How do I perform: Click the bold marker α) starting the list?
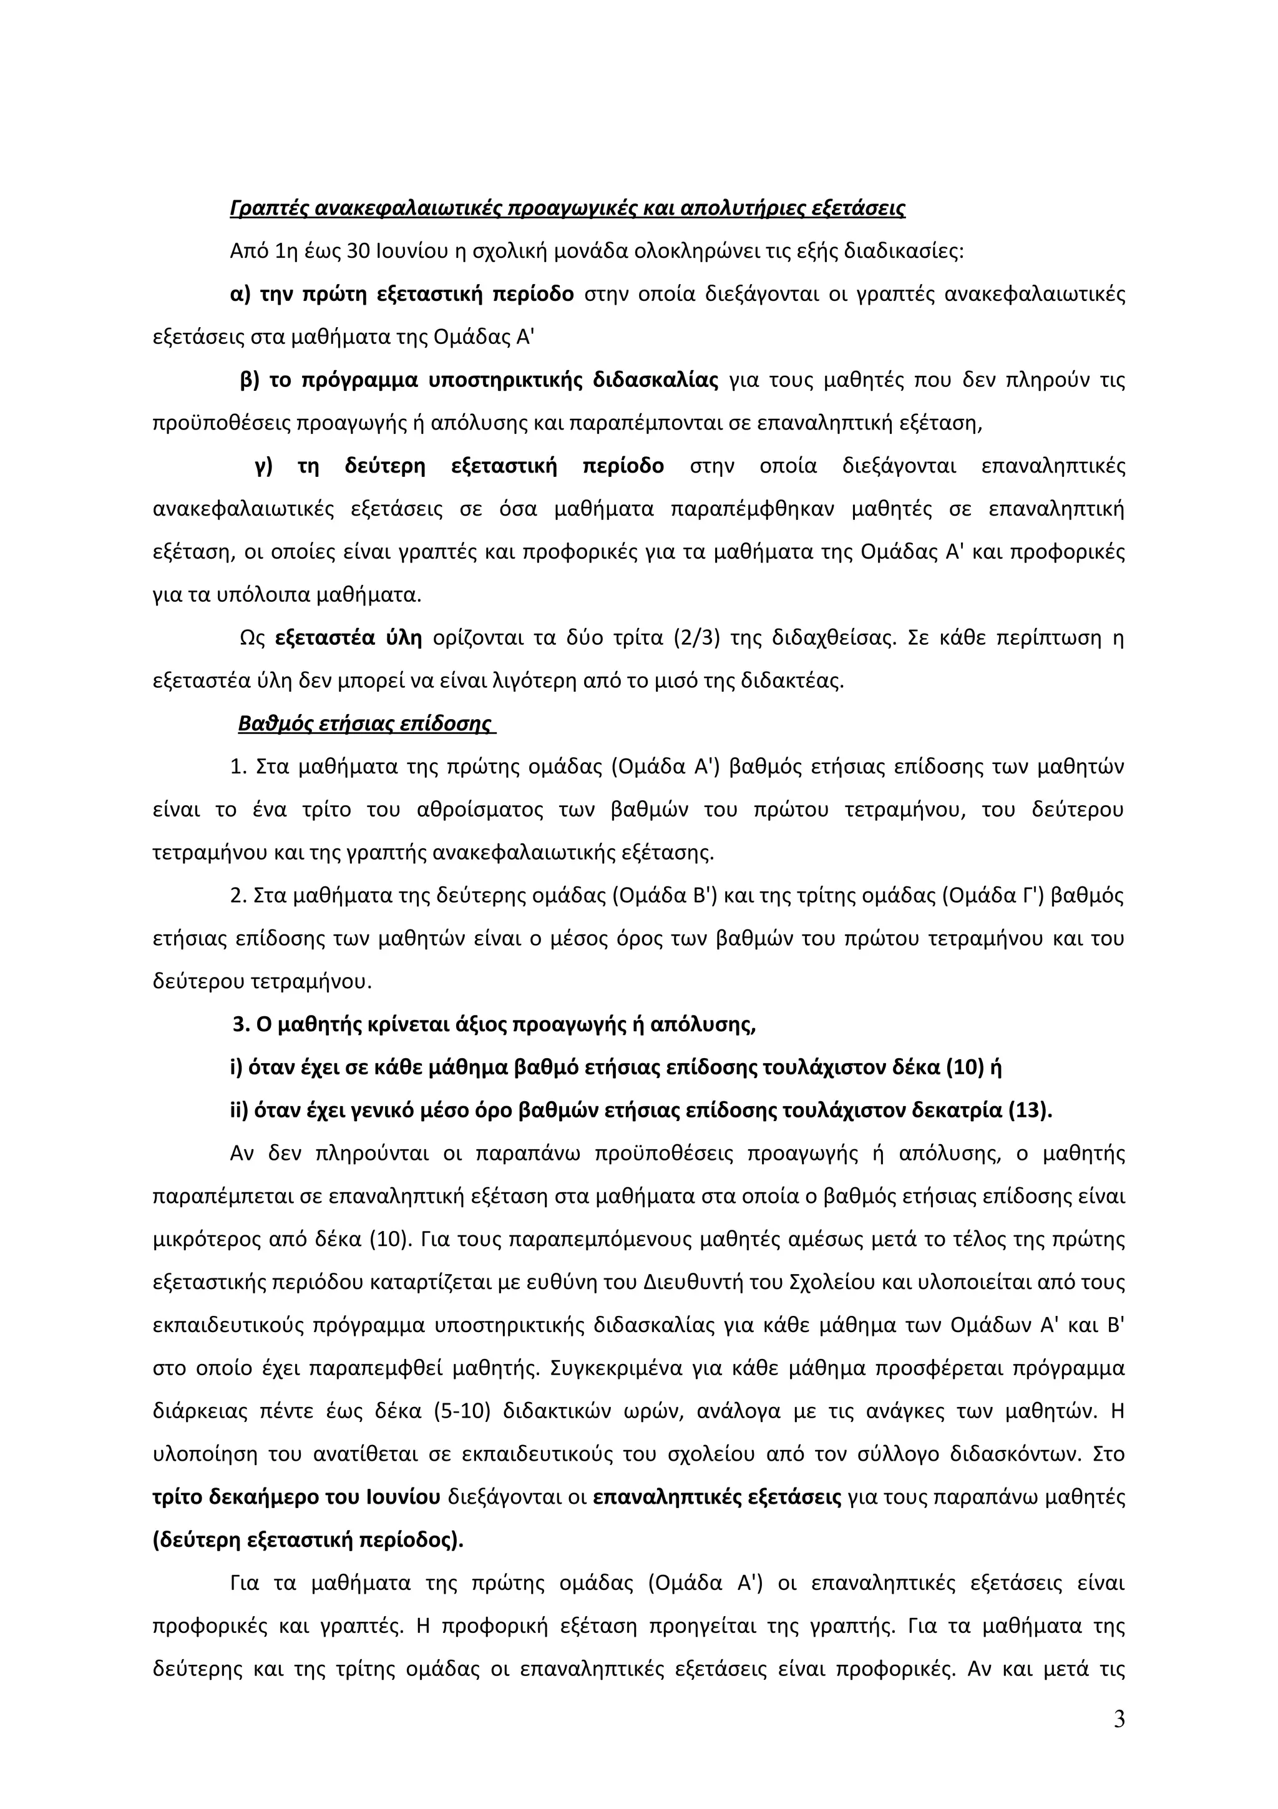pos(240,295)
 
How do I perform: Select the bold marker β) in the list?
pos(250,381)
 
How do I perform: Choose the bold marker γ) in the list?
pos(264,466)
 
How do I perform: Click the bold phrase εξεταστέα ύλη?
pos(348,637)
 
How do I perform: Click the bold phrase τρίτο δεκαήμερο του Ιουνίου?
pos(296,1496)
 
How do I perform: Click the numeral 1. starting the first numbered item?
pos(238,767)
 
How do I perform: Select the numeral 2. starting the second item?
pos(238,896)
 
